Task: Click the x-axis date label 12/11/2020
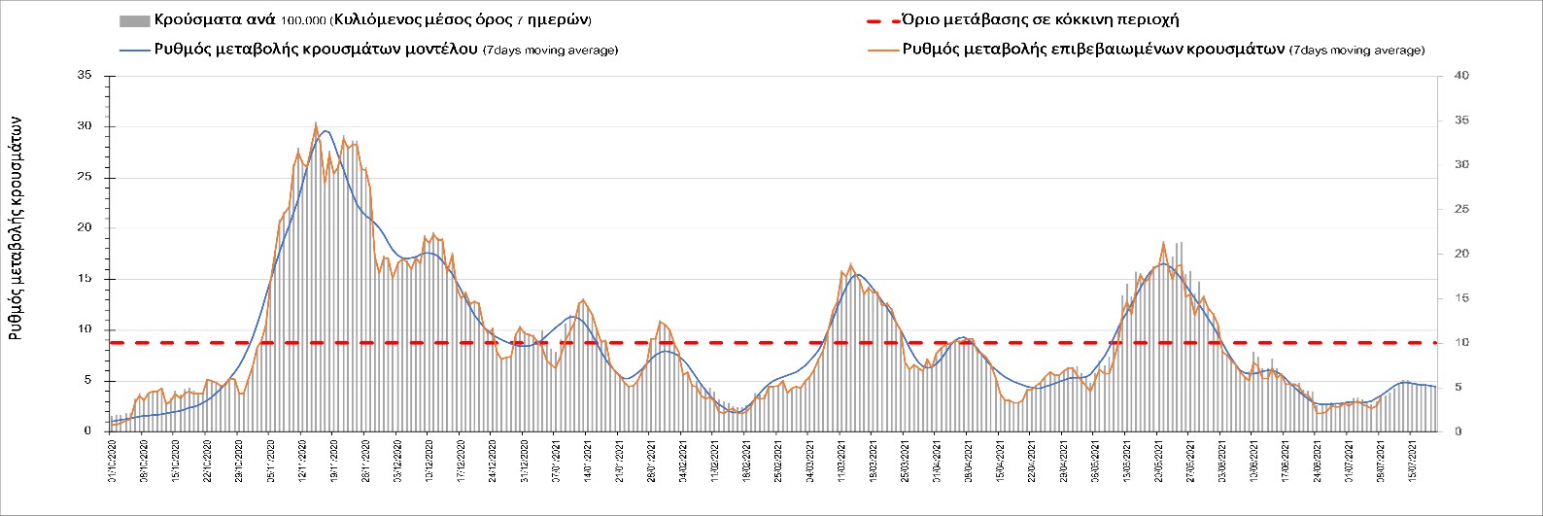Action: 302,458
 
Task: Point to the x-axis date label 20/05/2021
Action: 1157,458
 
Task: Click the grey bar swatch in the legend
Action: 133,20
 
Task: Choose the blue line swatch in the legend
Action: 133,50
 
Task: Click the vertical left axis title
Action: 17,224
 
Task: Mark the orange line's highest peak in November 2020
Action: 316,123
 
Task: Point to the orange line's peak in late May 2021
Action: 1163,242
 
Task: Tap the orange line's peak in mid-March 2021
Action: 850,264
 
